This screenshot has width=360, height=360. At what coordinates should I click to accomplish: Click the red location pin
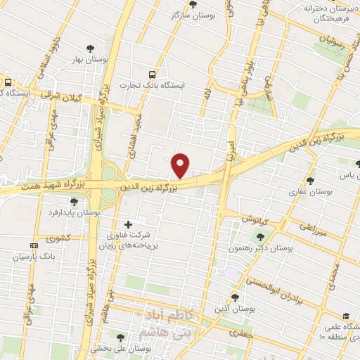pyautogui.click(x=181, y=165)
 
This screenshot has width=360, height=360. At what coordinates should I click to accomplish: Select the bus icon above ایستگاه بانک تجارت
pyautogui.click(x=152, y=75)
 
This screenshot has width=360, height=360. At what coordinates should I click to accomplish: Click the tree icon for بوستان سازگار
pyautogui.click(x=193, y=4)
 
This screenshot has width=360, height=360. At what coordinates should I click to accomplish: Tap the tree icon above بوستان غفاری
pyautogui.click(x=311, y=181)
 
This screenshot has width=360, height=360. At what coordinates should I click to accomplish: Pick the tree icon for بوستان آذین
pyautogui.click(x=236, y=298)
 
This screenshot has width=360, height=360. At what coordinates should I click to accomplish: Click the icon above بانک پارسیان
pyautogui.click(x=34, y=245)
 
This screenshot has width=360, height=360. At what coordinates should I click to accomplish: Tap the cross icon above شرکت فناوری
pyautogui.click(x=127, y=224)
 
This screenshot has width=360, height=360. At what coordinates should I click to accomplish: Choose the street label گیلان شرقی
pyautogui.click(x=60, y=96)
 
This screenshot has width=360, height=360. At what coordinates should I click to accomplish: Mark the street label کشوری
pyautogui.click(x=59, y=239)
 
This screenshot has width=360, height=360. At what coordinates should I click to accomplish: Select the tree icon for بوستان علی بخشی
pyautogui.click(x=120, y=338)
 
